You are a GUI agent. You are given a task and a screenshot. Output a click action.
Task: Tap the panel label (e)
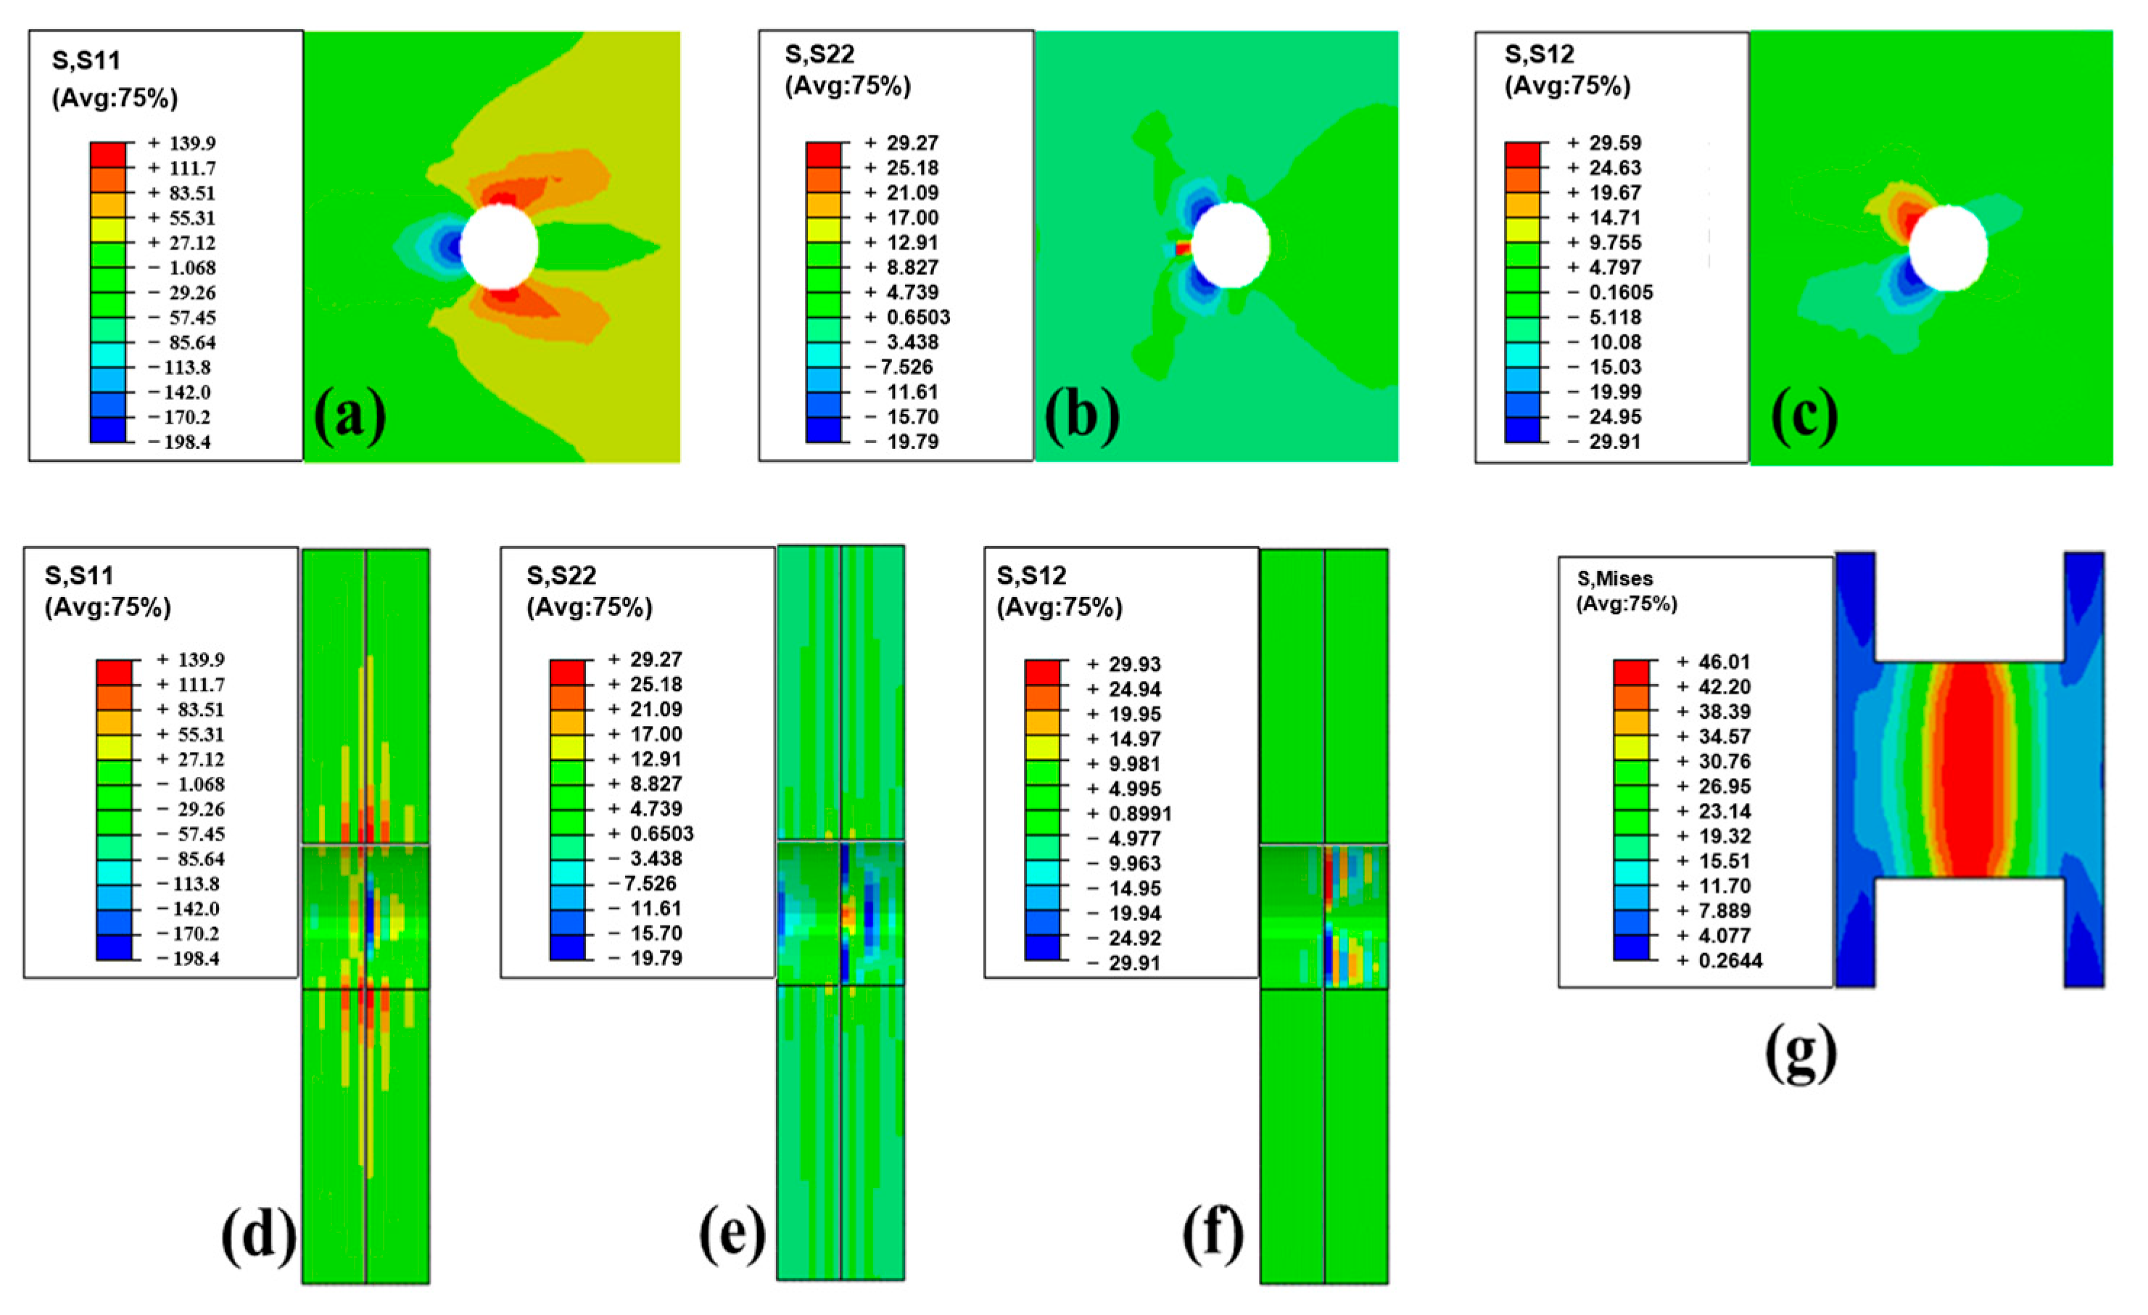732,1236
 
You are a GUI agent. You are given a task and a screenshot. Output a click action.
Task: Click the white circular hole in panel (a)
499,247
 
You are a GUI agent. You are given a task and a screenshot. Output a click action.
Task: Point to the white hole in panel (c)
1948,249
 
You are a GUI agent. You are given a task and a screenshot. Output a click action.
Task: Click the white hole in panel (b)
1230,245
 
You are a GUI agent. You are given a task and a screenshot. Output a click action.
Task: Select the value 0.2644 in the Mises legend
1730,961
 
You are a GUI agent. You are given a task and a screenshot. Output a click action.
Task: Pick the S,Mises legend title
1614,578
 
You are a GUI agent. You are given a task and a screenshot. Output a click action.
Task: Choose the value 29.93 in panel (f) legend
1134,664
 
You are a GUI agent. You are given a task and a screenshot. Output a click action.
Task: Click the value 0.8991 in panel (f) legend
1139,814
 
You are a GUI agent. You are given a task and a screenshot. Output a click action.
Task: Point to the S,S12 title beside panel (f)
1031,575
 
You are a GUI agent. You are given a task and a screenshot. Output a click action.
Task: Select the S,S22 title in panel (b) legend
819,54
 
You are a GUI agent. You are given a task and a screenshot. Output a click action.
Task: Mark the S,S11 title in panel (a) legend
86,60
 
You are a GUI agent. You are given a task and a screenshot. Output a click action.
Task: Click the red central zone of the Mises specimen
1970,767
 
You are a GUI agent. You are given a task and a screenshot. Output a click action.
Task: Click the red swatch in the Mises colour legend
1630,672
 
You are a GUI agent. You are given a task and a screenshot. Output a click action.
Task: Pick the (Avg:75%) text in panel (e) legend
590,607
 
